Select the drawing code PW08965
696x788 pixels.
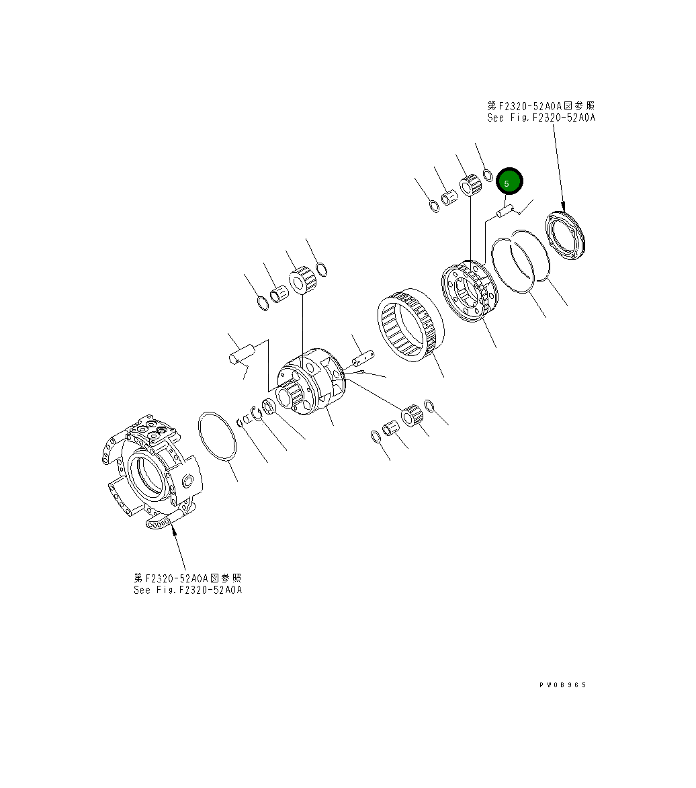[562, 685]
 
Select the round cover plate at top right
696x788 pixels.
[567, 236]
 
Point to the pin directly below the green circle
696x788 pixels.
[505, 212]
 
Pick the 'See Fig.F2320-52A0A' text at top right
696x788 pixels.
[541, 118]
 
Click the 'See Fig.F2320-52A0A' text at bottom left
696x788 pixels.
[187, 590]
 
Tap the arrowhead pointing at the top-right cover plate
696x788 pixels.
[563, 208]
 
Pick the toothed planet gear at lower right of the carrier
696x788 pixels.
[412, 417]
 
